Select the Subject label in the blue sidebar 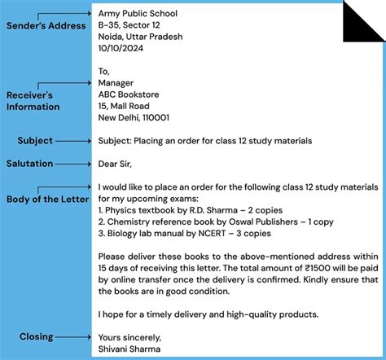coord(35,141)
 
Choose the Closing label coord(36,336)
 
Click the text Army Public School coord(138,14)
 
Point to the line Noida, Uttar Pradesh coord(140,37)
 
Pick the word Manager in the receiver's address coord(115,82)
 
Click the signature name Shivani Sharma coord(129,349)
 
